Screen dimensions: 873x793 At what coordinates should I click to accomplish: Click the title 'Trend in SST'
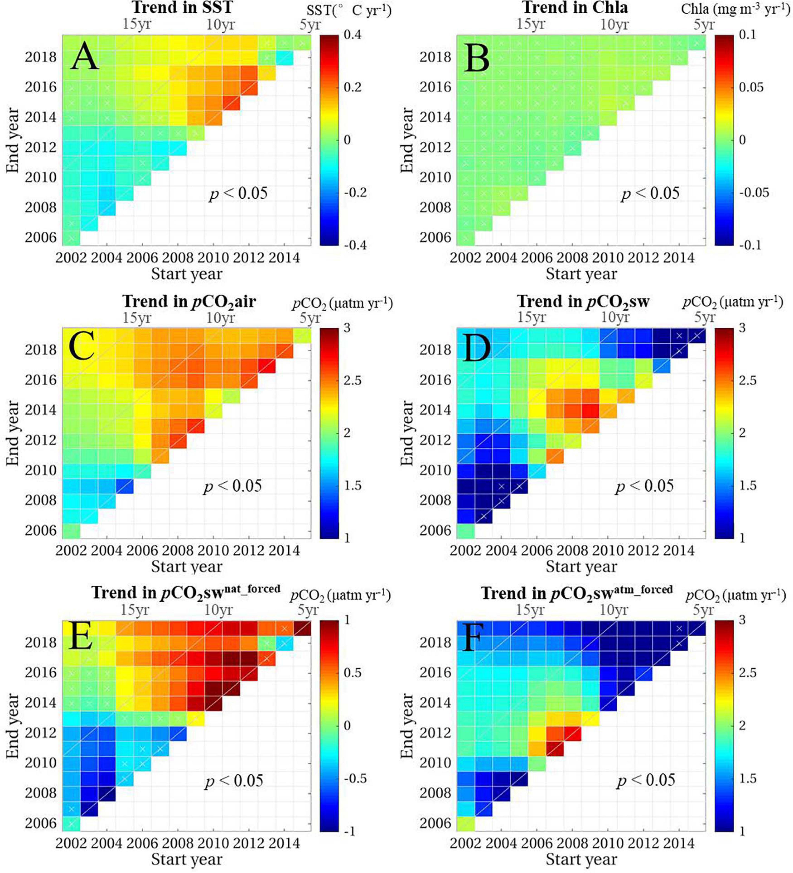click(x=181, y=8)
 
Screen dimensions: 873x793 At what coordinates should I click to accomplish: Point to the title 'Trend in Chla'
click(x=575, y=8)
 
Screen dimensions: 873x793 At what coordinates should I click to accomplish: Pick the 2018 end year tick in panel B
click(x=435, y=57)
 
